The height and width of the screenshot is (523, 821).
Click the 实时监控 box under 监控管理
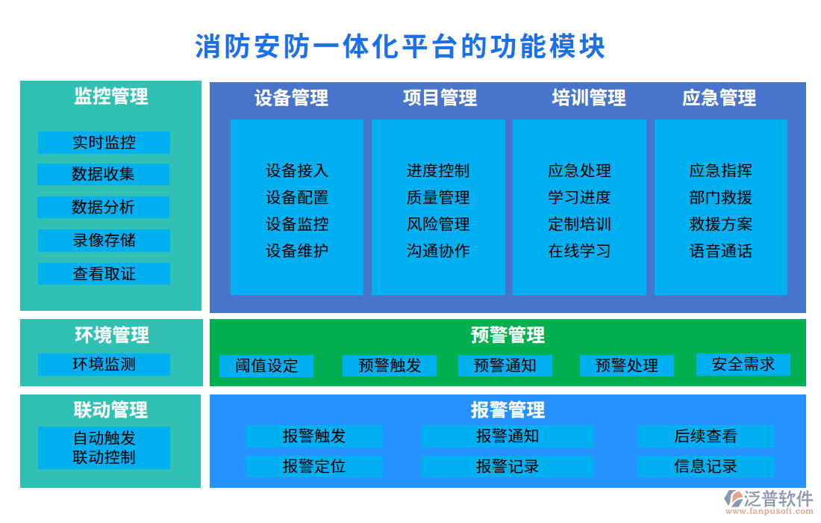(104, 143)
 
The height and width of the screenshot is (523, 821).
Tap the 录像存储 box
(104, 241)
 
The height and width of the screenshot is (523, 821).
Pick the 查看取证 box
(104, 273)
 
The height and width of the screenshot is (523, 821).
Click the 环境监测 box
(104, 365)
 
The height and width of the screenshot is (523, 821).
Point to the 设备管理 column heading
(291, 98)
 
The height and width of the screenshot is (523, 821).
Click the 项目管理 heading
(440, 98)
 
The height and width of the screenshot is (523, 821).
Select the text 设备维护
(297, 251)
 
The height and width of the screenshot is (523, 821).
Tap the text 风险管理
(438, 224)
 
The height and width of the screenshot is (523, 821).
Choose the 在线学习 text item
(579, 251)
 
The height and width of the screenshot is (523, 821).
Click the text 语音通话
(720, 251)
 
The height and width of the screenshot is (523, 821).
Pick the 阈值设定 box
(266, 366)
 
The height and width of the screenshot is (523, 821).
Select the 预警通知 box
(505, 365)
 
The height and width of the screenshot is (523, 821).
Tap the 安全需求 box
(743, 365)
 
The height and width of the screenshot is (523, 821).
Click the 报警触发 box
(314, 436)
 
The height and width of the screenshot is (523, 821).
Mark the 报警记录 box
(508, 467)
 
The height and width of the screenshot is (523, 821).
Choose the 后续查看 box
(705, 436)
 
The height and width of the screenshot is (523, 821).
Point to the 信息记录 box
(705, 467)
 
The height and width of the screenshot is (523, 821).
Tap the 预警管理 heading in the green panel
(508, 335)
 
